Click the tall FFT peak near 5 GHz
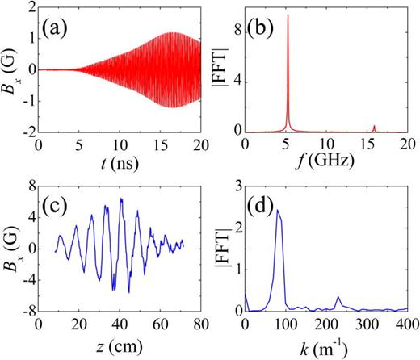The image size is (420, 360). pyautogui.click(x=288, y=16)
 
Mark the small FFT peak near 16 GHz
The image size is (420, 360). pyautogui.click(x=374, y=126)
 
